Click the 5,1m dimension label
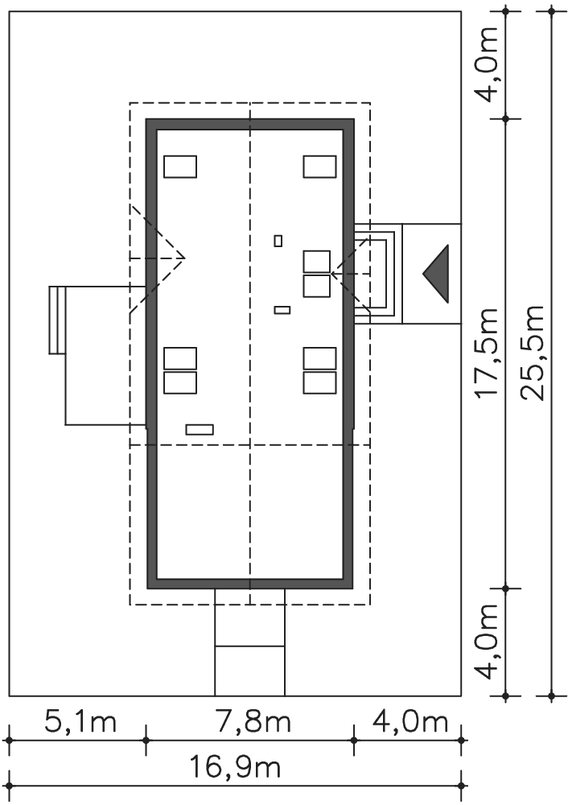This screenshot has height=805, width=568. (80, 722)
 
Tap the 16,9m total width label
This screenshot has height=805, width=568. (236, 768)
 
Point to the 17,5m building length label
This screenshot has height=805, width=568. (486, 353)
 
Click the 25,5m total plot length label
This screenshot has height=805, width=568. (532, 353)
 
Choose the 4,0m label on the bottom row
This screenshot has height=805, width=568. (410, 722)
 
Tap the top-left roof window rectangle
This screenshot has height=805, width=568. (180, 167)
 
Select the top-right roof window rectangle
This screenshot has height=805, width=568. (319, 167)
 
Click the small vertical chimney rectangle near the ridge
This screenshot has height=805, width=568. (278, 240)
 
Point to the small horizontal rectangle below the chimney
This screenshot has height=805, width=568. (282, 310)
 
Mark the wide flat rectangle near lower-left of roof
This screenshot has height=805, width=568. (200, 429)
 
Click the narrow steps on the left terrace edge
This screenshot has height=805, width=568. (57, 320)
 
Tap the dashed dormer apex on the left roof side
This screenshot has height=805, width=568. (183, 258)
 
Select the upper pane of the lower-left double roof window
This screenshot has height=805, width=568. (180, 358)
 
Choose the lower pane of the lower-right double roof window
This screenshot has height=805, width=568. (319, 382)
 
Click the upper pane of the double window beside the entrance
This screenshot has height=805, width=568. (316, 262)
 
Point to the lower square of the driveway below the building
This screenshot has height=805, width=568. (250, 671)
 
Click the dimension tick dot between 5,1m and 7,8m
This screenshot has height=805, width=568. (146, 741)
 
